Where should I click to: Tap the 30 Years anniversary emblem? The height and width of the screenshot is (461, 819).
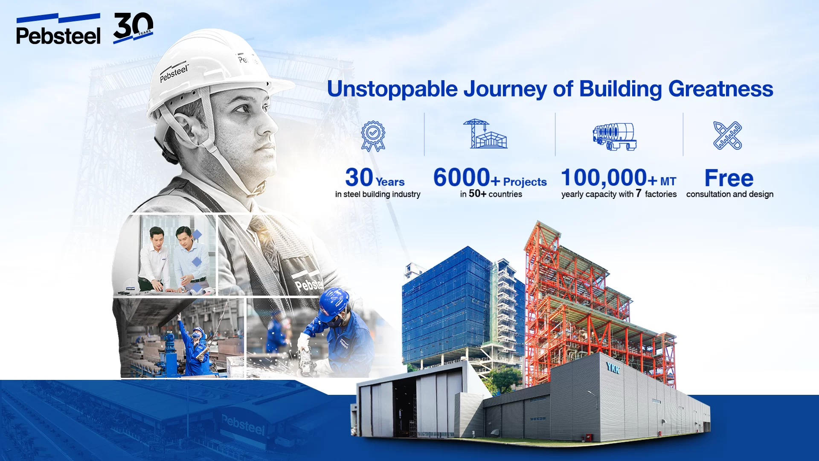(133, 28)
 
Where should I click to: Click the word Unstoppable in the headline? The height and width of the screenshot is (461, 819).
(392, 90)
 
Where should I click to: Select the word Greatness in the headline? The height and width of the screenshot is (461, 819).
(720, 89)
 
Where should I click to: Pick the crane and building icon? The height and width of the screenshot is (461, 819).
(485, 134)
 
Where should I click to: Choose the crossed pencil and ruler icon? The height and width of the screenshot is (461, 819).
(728, 135)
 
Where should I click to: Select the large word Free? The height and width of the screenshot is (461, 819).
(729, 178)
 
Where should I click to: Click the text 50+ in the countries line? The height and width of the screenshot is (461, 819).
(477, 194)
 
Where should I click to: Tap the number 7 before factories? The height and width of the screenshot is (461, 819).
(639, 193)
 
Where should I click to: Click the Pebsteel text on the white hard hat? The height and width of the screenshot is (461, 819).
(174, 73)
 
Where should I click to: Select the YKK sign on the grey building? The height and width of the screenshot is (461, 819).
(613, 368)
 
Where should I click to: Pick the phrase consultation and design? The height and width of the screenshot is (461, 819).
(730, 194)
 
